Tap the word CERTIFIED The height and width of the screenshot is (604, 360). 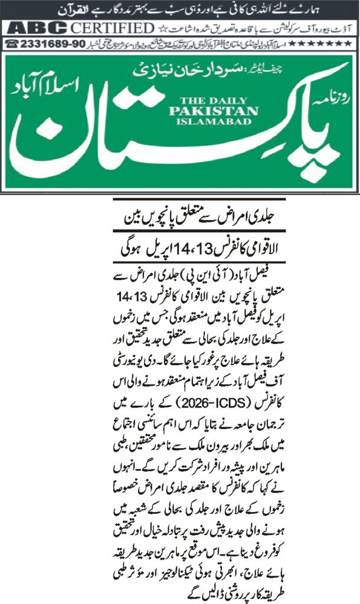[112, 28]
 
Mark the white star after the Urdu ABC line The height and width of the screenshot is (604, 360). [163, 28]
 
